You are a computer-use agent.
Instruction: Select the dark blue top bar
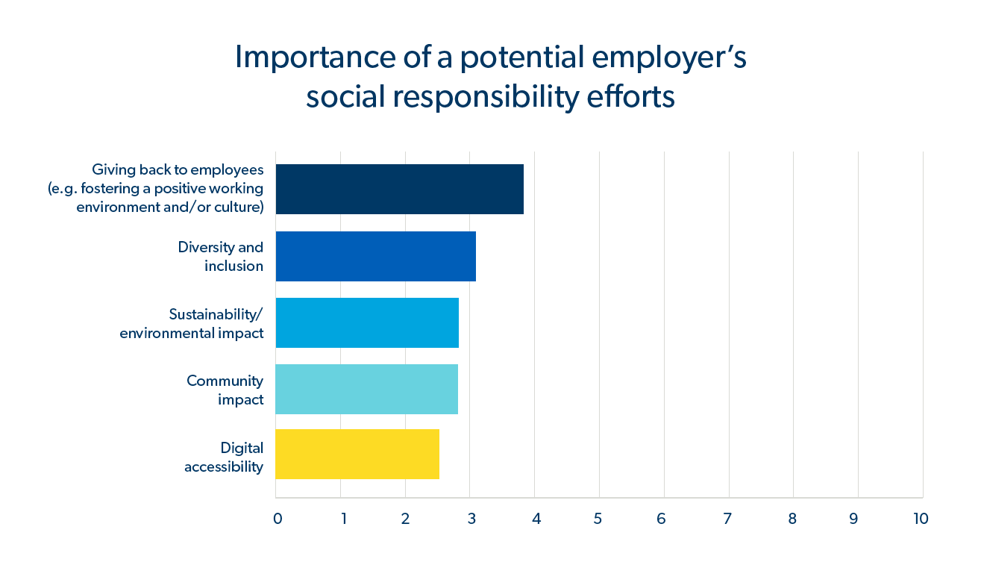coord(375,257)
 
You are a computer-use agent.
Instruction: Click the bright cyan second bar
coord(366,322)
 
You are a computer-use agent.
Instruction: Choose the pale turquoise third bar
coord(366,389)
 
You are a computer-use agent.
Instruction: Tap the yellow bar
coord(357,454)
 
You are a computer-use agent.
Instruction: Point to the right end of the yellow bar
coord(438,454)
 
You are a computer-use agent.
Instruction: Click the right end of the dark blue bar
coord(474,257)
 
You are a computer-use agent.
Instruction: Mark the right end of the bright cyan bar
coord(457,322)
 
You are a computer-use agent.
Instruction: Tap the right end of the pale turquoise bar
coord(457,389)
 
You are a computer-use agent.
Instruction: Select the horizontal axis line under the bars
coord(597,497)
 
